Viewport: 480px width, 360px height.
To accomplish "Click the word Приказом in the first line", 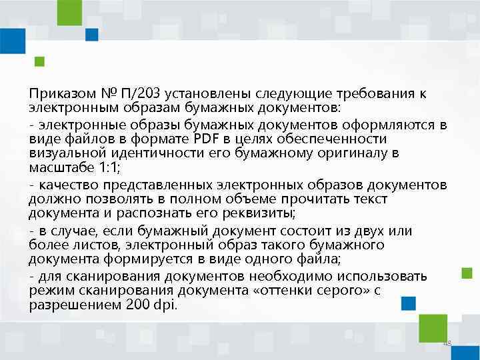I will [57, 93].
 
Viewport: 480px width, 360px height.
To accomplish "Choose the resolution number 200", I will [137, 305].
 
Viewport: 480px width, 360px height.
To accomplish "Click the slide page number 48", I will [447, 343].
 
